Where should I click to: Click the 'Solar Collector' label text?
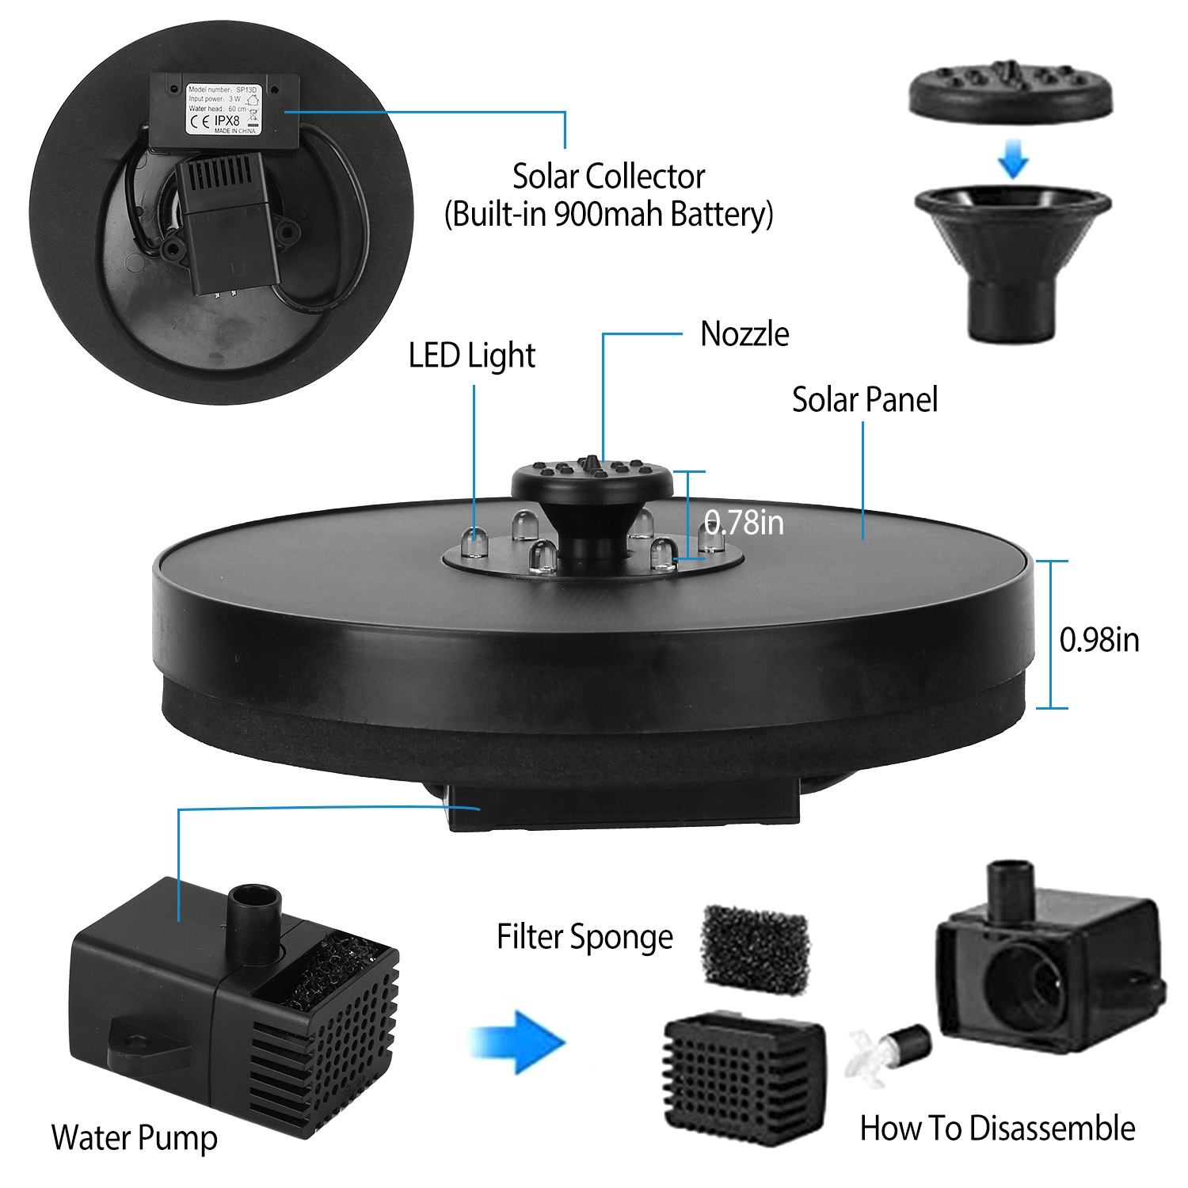coord(608,177)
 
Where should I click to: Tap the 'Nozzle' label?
coord(744,334)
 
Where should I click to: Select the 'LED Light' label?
coord(472,356)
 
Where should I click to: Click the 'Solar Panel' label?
coord(865,400)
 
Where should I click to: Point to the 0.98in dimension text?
coord(1099,640)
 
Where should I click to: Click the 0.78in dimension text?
coord(744,523)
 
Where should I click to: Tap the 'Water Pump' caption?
coord(135,1138)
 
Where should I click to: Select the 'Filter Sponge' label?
coord(584,937)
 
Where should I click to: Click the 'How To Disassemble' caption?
coord(997,1128)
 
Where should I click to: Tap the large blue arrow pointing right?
coord(519,1040)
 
